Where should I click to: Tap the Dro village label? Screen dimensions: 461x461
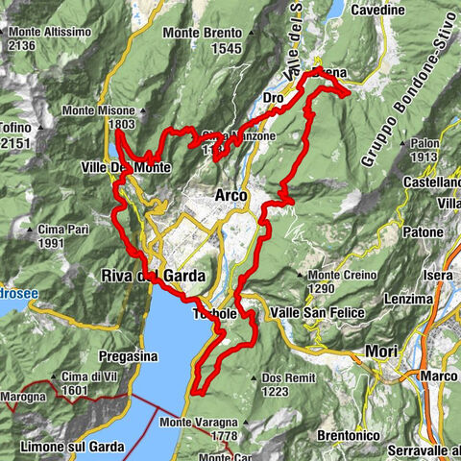(273, 98)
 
